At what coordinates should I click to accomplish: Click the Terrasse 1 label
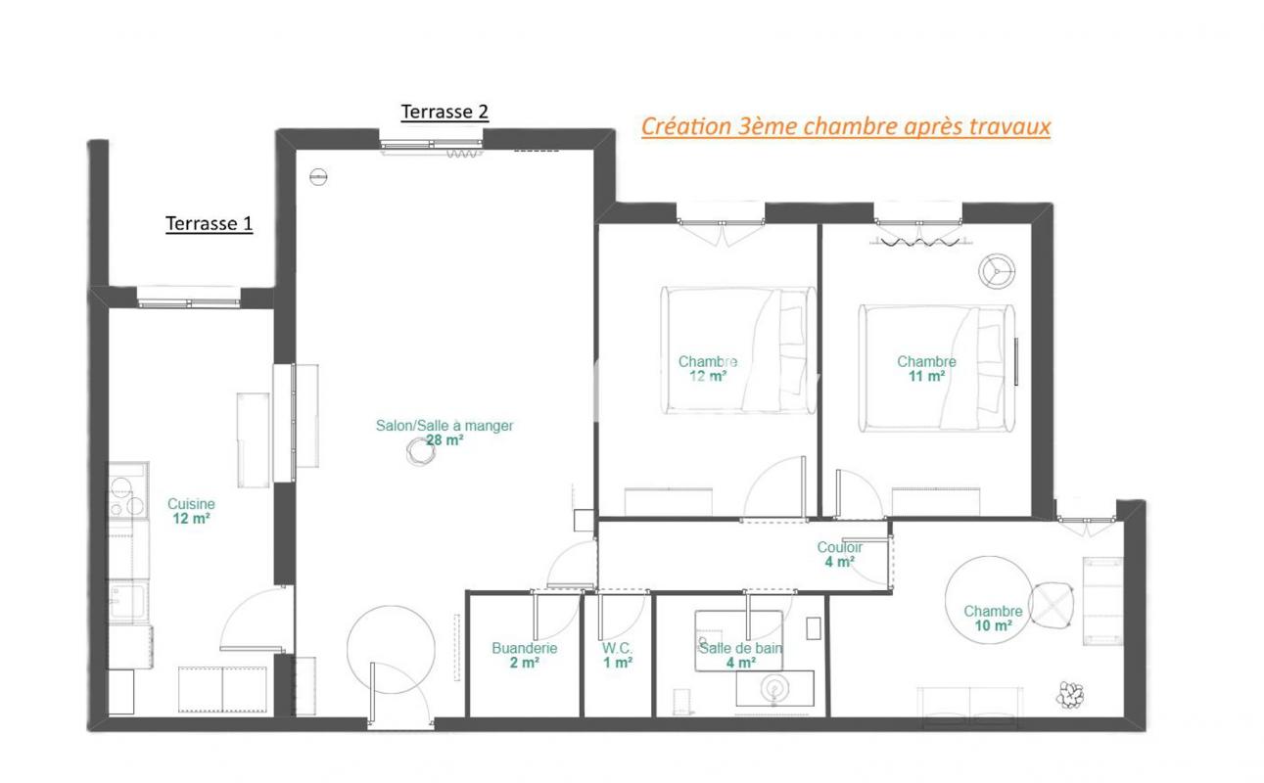tap(209, 224)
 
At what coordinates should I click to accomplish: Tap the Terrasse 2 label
tap(445, 112)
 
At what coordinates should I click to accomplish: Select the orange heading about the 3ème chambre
tap(846, 127)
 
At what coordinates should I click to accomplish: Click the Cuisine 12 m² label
tap(191, 511)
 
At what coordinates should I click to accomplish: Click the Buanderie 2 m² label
tap(524, 655)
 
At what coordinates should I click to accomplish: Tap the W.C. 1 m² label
tap(618, 655)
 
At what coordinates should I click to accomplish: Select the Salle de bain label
tap(741, 648)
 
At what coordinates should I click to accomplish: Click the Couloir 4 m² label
tap(840, 554)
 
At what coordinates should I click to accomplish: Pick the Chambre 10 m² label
tap(993, 619)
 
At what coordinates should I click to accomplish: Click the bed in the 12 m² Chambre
tap(738, 350)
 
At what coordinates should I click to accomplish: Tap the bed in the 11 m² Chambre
tap(937, 368)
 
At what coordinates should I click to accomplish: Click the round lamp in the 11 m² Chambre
tap(997, 271)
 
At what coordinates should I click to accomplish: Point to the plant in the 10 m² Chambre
tap(1070, 695)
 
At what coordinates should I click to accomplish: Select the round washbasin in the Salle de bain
tap(774, 688)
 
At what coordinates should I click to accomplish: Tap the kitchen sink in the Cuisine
tap(128, 601)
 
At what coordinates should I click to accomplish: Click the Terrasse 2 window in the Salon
tap(431, 145)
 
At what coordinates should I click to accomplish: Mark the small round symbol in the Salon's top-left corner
tap(318, 177)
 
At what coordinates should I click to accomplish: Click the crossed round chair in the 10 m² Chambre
tap(1052, 606)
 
